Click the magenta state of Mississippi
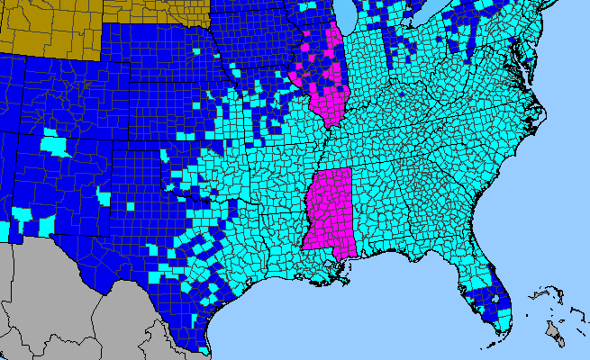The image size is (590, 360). pyautogui.click(x=328, y=211)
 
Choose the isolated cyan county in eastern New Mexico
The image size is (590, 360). pyautogui.click(x=104, y=197)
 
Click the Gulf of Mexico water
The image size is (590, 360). pyautogui.click(x=360, y=315)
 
